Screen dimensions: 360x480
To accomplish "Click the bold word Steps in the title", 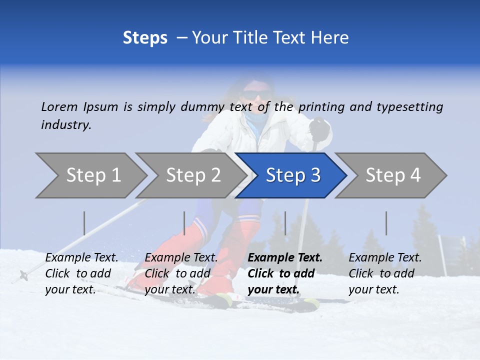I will coord(145,38).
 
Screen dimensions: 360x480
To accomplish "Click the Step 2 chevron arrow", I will coord(190,175).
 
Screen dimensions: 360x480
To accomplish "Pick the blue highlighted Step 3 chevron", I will coord(292,175).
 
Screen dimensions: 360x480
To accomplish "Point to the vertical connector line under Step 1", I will coord(84,223).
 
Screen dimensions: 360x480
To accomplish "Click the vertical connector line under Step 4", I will coord(386,223).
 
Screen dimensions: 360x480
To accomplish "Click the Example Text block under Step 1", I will coord(81,273).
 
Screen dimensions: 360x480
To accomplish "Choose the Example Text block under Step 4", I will coord(385,273).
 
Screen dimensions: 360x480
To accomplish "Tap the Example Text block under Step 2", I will coord(181,273).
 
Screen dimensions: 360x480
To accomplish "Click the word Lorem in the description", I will coord(59,106).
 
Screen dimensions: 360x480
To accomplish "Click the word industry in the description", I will coord(65,125).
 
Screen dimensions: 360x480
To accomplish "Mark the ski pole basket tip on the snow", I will coord(23,274).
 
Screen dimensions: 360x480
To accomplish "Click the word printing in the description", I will coord(322,106).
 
